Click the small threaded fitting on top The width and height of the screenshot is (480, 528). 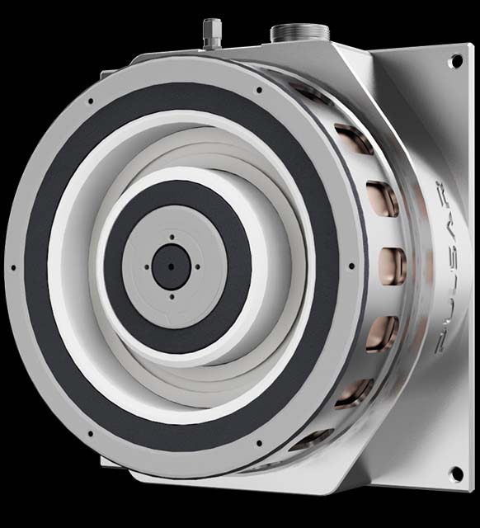click(212, 34)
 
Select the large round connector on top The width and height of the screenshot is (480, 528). click(300, 33)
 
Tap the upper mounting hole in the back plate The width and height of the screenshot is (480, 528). click(456, 61)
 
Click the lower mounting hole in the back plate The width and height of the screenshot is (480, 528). click(456, 473)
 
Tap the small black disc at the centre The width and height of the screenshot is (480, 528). click(171, 266)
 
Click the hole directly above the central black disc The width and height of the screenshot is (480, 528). click(172, 237)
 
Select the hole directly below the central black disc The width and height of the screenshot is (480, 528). click(172, 297)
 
